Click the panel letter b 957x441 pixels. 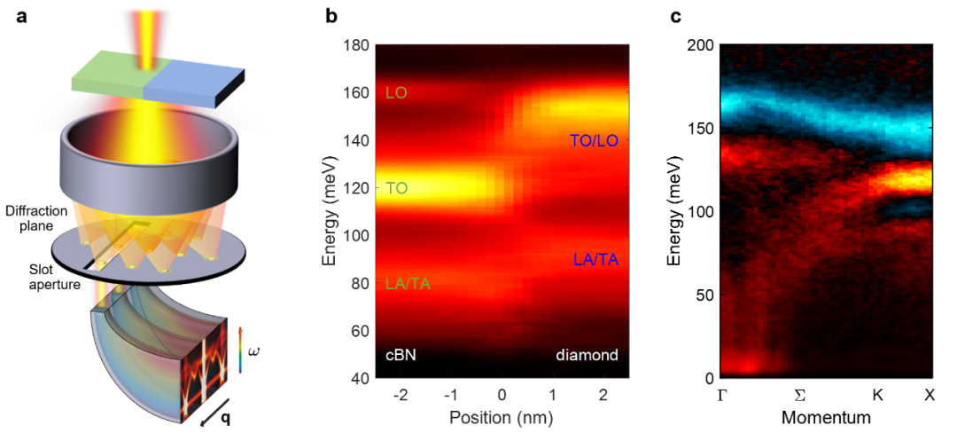click(331, 15)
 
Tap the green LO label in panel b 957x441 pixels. click(396, 92)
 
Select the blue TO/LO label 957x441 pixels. click(593, 139)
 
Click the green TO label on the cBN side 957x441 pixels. click(396, 188)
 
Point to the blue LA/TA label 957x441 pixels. click(595, 259)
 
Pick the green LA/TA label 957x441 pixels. click(408, 284)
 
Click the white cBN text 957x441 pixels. click(401, 355)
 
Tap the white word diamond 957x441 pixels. click(587, 355)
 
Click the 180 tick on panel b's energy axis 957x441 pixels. click(354, 45)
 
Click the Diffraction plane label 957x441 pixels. click(32, 217)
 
